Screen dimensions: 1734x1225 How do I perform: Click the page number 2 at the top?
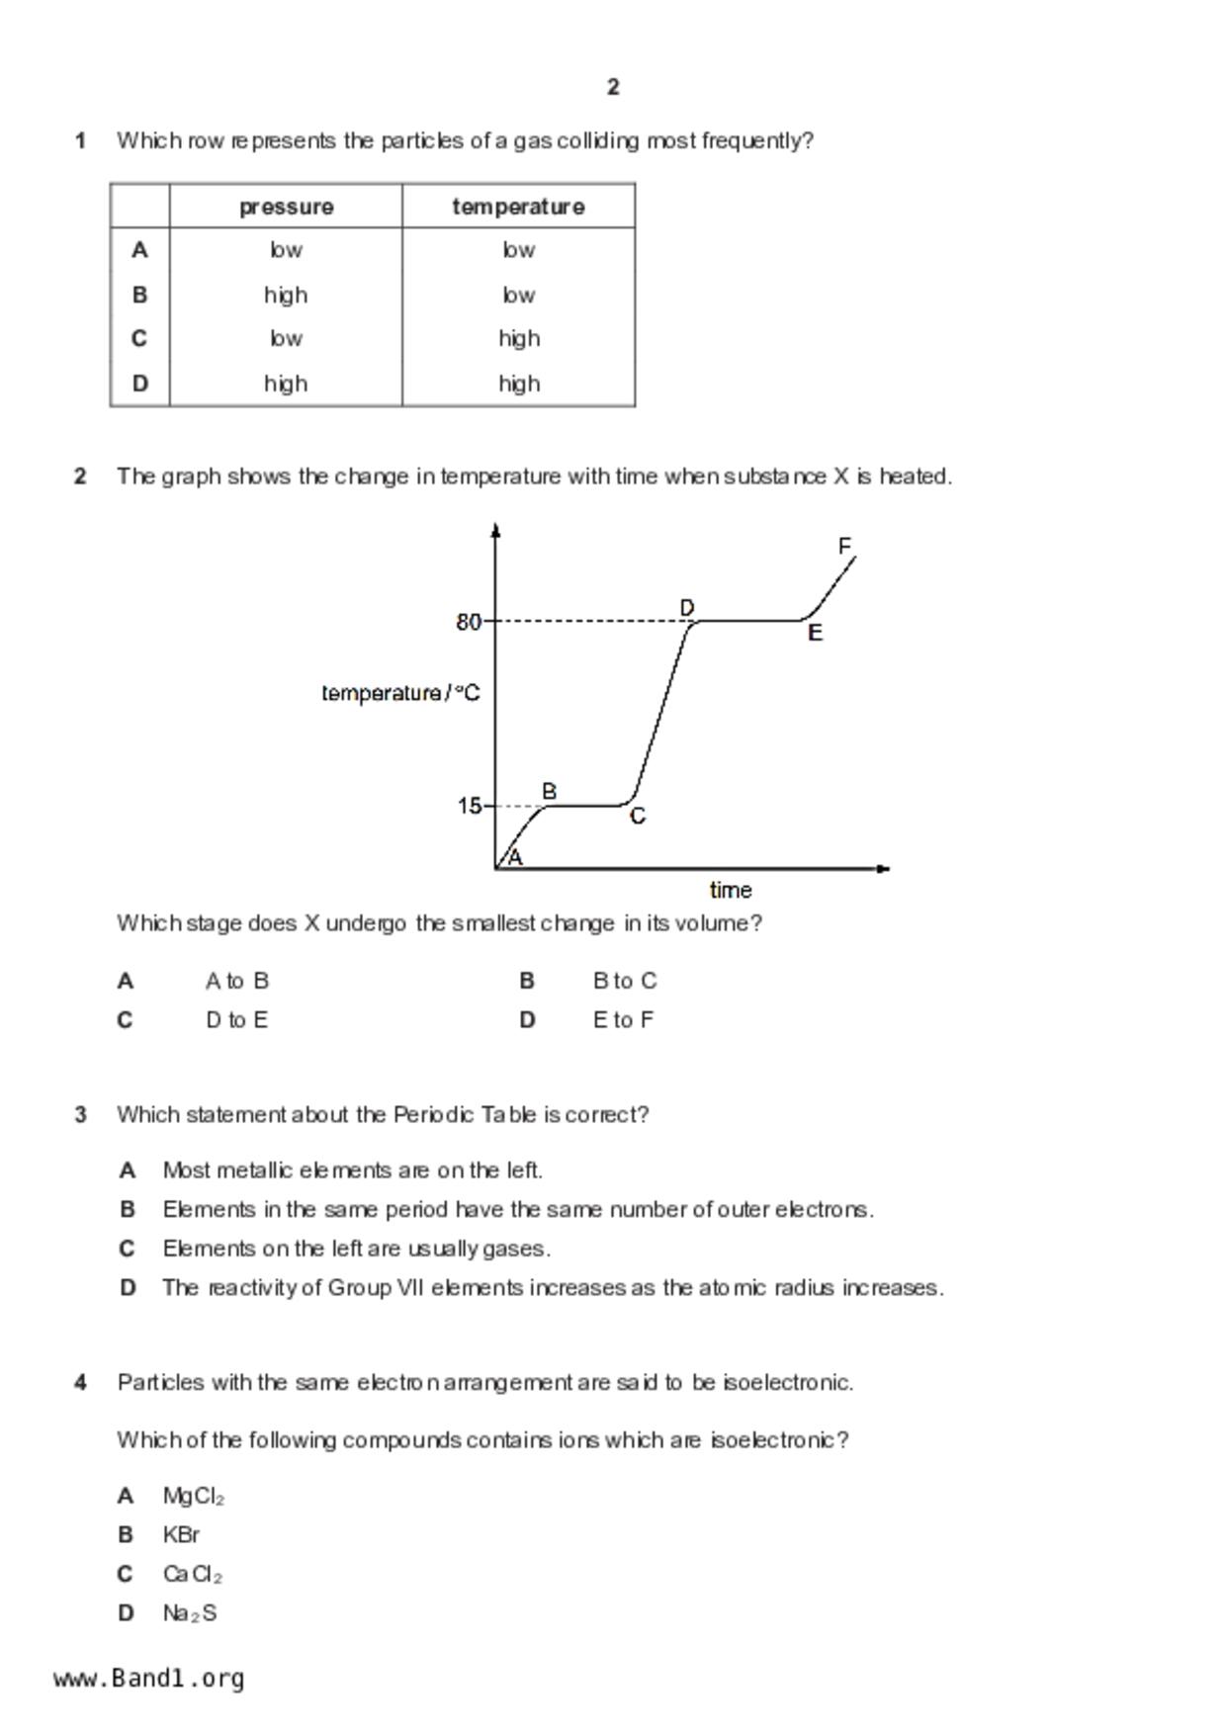tap(613, 87)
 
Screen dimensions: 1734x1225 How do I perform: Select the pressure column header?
tap(286, 207)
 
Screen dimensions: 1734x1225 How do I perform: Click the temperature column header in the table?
tap(518, 207)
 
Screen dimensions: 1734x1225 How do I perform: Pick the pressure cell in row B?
tap(286, 295)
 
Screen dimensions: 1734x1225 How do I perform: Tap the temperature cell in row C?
tap(518, 338)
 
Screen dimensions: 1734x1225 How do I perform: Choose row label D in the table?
tap(139, 383)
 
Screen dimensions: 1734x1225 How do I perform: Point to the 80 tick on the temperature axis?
tap(468, 622)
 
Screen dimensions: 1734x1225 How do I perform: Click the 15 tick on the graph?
tap(469, 807)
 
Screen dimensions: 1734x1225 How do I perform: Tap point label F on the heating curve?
tap(844, 546)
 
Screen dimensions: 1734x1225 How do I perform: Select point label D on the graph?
tap(687, 607)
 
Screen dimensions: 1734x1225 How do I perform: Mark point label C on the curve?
tap(638, 817)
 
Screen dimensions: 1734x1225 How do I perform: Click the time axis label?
tap(731, 890)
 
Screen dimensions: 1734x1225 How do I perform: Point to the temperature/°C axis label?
tap(400, 693)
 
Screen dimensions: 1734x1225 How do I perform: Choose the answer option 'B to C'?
tap(625, 981)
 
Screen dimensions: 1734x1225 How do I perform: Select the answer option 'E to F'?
tap(623, 1020)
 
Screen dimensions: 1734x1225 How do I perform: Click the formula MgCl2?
tap(194, 1497)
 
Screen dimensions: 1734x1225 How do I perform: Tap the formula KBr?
tap(181, 1535)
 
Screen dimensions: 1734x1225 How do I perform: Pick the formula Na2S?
tap(190, 1613)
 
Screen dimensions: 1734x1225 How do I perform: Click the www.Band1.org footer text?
tap(149, 1679)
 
